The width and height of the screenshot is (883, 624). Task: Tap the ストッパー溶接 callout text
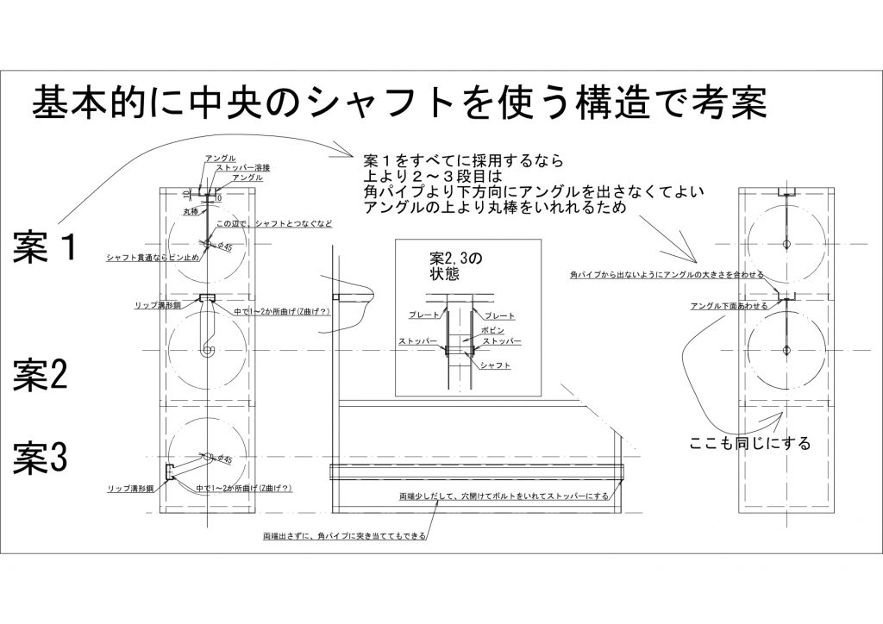click(x=241, y=167)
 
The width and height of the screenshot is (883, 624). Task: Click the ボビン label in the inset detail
click(x=492, y=330)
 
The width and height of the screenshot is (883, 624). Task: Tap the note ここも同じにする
click(x=750, y=444)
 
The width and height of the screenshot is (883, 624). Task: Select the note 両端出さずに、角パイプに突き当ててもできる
click(x=345, y=535)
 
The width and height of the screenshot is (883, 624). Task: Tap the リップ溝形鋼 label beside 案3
click(x=129, y=488)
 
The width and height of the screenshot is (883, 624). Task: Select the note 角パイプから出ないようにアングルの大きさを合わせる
click(x=666, y=274)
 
